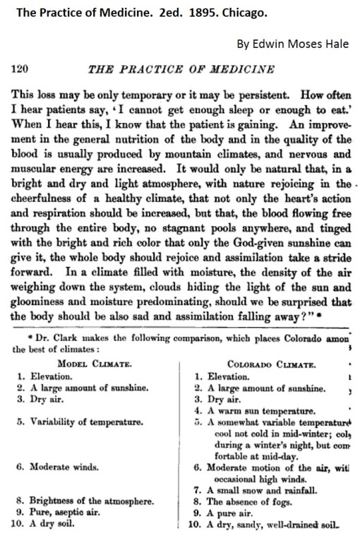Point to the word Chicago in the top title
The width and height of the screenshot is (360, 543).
click(x=211, y=13)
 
